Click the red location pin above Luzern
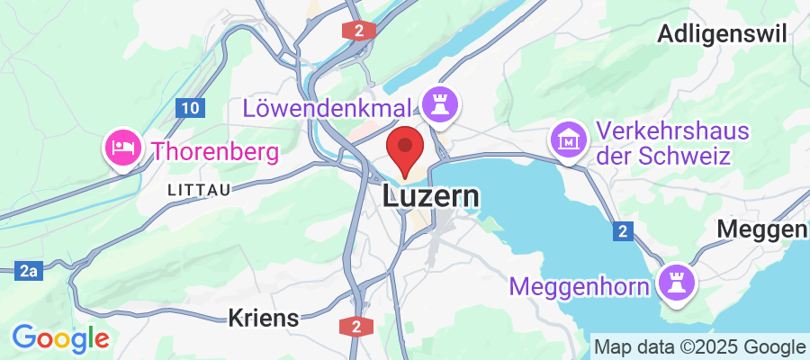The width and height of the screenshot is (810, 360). pyautogui.click(x=405, y=150)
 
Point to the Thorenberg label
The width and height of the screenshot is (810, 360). pyautogui.click(x=214, y=150)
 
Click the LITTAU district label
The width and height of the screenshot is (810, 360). pyautogui.click(x=199, y=189)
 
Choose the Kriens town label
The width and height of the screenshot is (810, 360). pyautogui.click(x=263, y=318)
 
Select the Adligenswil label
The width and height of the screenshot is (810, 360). pyautogui.click(x=723, y=34)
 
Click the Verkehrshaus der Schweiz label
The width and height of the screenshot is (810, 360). pyautogui.click(x=673, y=144)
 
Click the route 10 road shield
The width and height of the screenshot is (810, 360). pyautogui.click(x=189, y=109)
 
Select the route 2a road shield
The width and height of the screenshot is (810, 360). pyautogui.click(x=28, y=269)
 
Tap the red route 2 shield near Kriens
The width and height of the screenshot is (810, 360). pyautogui.click(x=357, y=326)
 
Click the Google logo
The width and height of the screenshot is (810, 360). pyautogui.click(x=60, y=338)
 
